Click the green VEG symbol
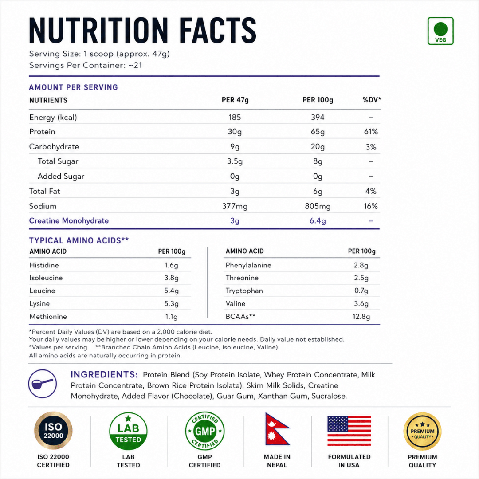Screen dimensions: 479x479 (x=440, y=31)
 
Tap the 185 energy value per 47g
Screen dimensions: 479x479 (x=235, y=117)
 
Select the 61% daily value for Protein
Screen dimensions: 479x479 (x=371, y=132)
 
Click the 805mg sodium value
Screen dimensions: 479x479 (x=318, y=206)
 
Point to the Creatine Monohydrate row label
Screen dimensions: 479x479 (x=69, y=220)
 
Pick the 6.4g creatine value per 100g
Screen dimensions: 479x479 (x=318, y=220)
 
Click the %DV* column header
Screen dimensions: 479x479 (x=372, y=100)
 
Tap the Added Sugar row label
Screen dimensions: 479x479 (x=61, y=176)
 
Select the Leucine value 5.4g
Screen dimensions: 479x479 (x=171, y=291)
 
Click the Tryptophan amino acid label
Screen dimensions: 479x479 (x=244, y=291)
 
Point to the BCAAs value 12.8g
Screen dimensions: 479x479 (x=361, y=317)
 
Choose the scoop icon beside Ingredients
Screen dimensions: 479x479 (x=43, y=384)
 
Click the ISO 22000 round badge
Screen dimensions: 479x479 (x=53, y=431)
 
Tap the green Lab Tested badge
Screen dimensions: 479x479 (x=128, y=431)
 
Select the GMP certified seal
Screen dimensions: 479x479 (x=205, y=431)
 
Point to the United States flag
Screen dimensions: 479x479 (x=349, y=431)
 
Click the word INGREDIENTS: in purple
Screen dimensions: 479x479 (x=104, y=374)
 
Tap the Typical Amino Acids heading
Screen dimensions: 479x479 (x=79, y=240)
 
